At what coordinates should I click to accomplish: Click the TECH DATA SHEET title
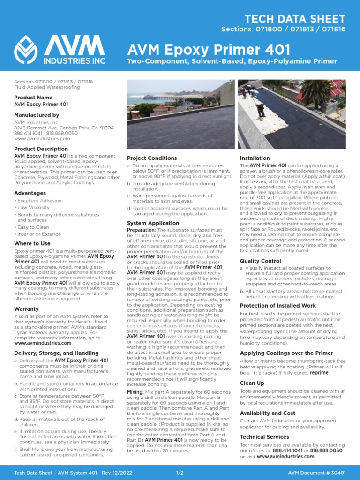click(x=295, y=19)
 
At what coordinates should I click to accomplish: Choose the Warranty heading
click(x=26, y=309)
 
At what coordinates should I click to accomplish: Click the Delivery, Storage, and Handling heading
click(x=56, y=353)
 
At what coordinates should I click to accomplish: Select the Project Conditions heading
click(x=152, y=158)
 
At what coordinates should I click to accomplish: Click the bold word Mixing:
click(x=135, y=391)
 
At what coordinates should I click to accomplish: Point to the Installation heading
click(x=255, y=158)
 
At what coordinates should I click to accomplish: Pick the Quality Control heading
click(x=261, y=261)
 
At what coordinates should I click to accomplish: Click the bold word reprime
click(x=319, y=373)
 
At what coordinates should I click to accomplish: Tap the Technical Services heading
click(x=264, y=437)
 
